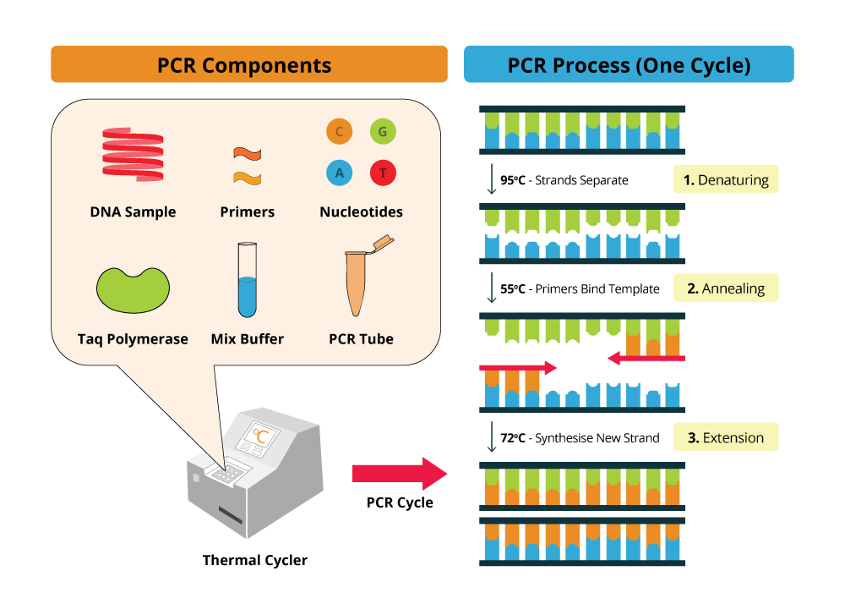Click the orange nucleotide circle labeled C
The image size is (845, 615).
click(x=339, y=131)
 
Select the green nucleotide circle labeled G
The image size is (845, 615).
click(x=383, y=131)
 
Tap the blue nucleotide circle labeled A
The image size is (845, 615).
click(x=339, y=173)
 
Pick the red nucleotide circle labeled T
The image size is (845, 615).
click(x=383, y=173)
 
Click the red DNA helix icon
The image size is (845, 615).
click(x=133, y=155)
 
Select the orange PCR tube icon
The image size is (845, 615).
click(x=361, y=279)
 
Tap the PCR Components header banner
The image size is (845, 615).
click(x=248, y=65)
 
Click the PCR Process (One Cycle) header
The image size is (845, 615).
click(x=629, y=65)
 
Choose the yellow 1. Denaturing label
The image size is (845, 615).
click(x=725, y=180)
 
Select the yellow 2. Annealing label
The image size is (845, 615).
click(x=725, y=288)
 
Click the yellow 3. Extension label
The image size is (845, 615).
click(x=725, y=438)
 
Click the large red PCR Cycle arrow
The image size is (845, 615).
click(x=398, y=474)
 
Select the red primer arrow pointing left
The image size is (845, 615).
click(x=646, y=359)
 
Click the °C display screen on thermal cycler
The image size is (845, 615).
click(x=261, y=437)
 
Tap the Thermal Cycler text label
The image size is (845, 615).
click(x=255, y=560)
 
